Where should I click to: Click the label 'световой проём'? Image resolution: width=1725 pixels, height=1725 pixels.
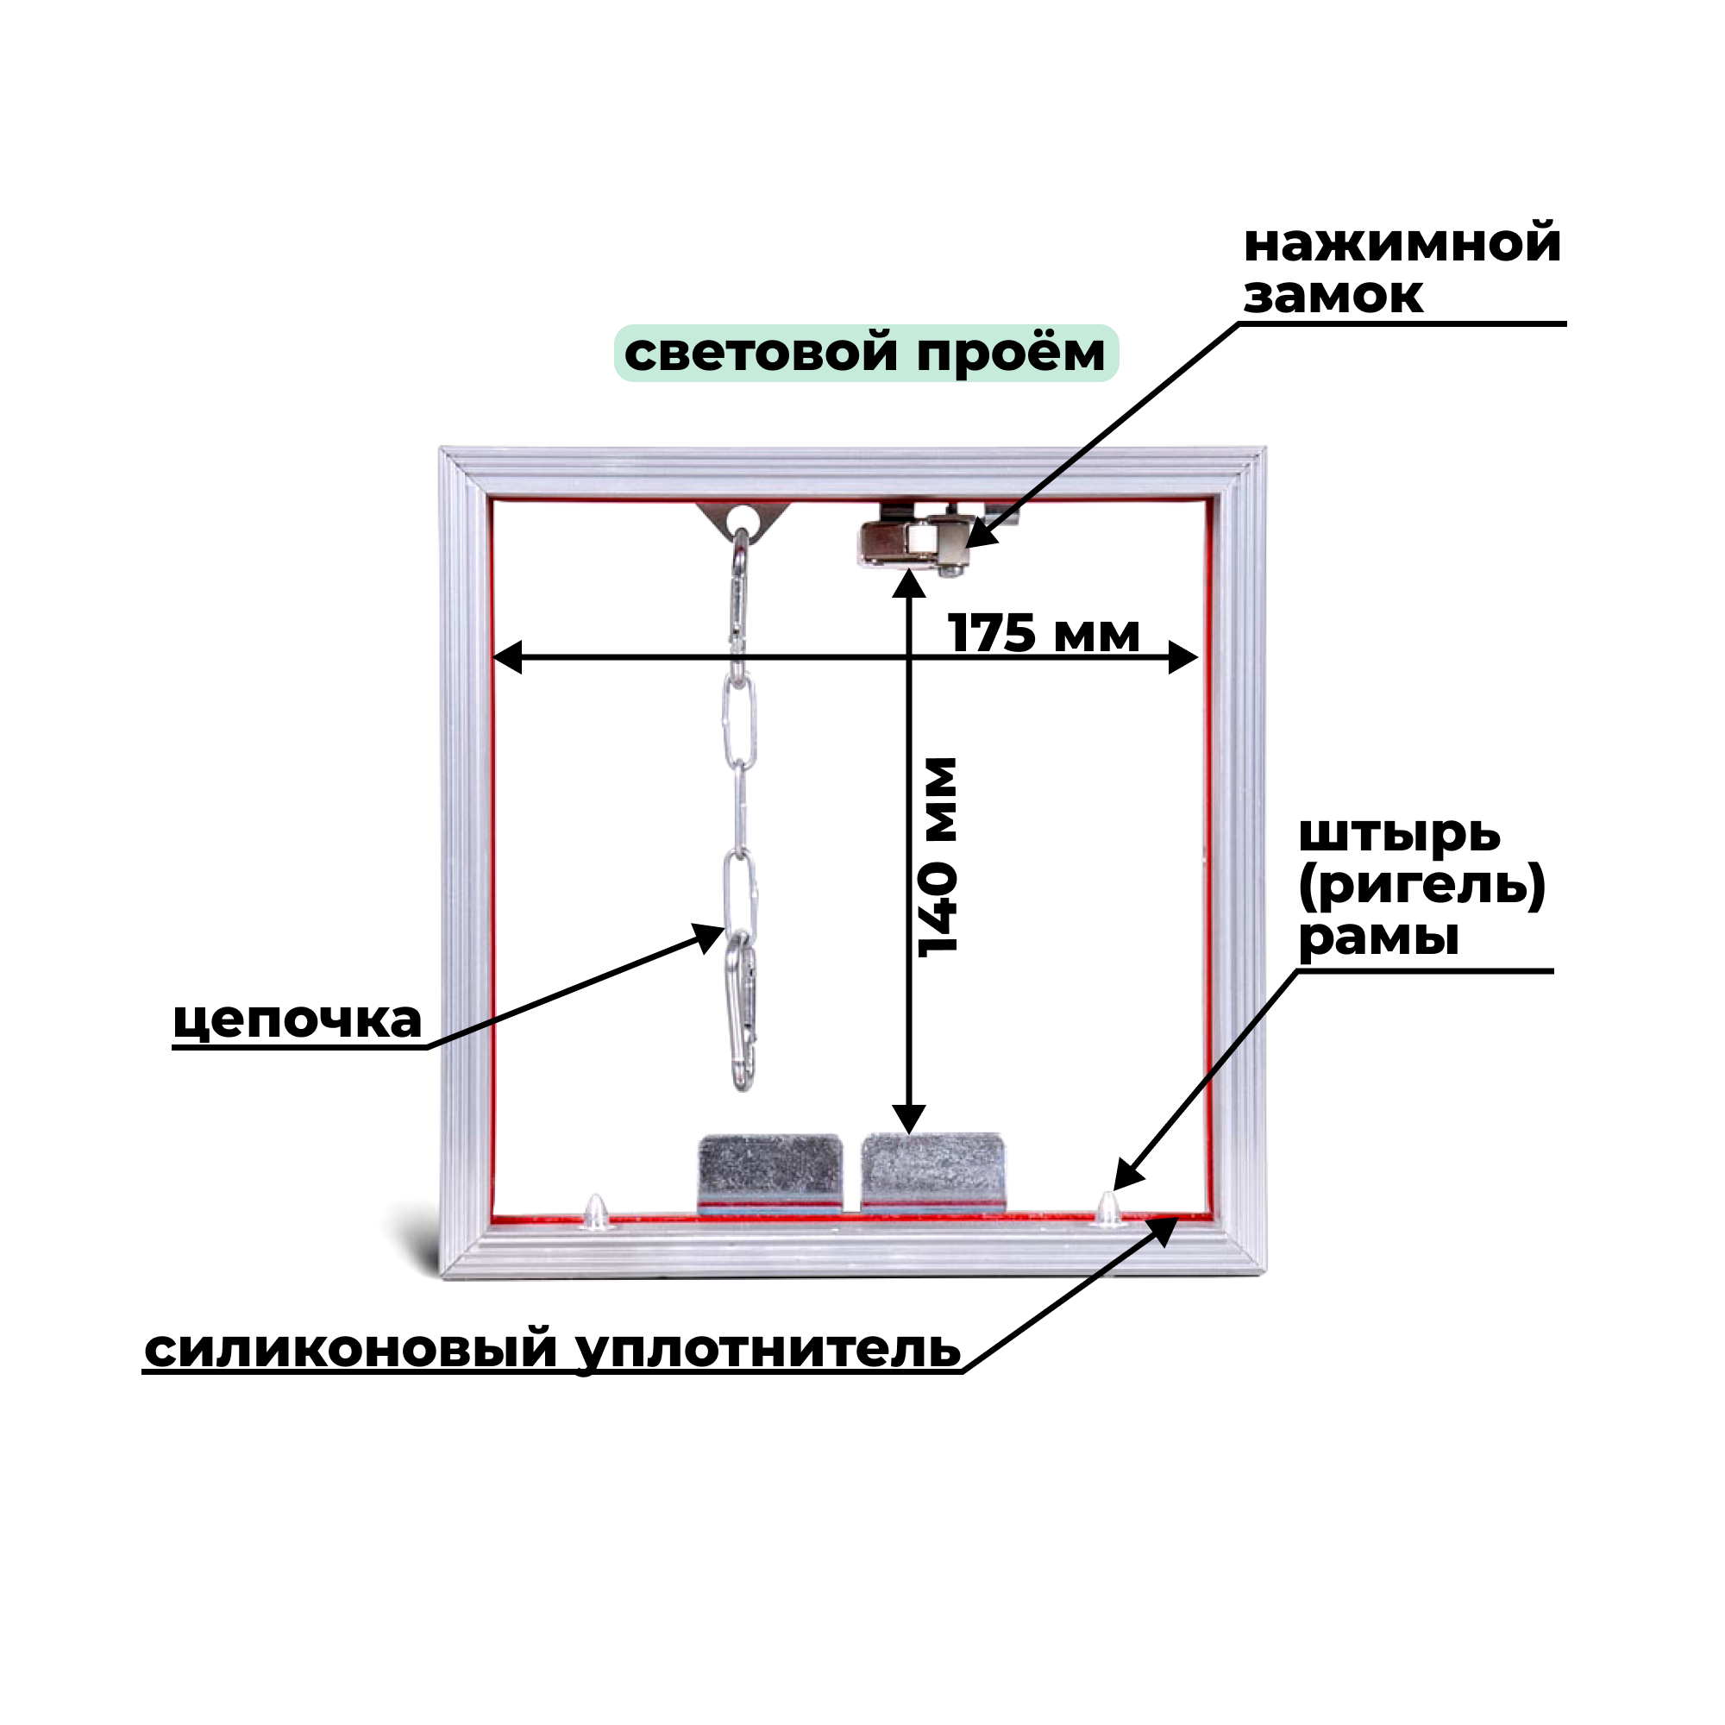(x=864, y=353)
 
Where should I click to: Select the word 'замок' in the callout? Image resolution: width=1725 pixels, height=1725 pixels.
(x=1333, y=295)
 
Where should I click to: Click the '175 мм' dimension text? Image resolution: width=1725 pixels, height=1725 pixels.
(x=1043, y=634)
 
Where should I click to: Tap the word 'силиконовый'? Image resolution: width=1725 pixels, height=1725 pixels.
(x=351, y=1350)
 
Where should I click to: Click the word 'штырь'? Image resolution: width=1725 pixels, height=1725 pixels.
(x=1399, y=835)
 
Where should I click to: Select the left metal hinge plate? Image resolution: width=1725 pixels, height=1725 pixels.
(x=769, y=1171)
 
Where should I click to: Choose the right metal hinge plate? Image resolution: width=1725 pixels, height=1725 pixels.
(x=932, y=1171)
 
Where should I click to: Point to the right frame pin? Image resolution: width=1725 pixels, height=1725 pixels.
(x=1108, y=1207)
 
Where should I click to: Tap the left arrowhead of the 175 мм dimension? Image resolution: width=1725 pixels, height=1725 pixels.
(x=507, y=658)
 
